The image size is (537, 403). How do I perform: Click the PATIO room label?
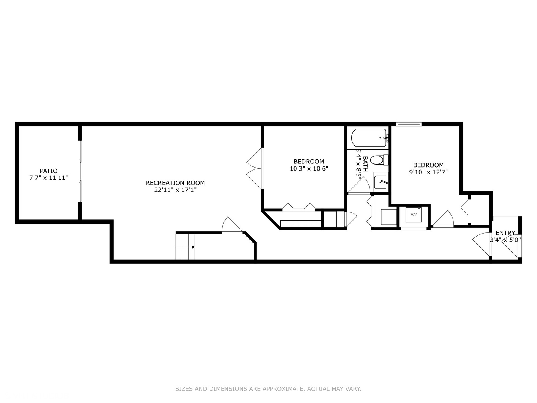[48, 171]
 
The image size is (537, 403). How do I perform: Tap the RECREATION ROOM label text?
[175, 183]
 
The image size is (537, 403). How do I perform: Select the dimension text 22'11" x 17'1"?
[175, 190]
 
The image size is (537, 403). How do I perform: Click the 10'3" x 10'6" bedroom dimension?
[308, 169]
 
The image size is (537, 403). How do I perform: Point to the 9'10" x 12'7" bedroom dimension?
[428, 172]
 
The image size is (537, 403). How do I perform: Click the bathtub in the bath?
[369, 138]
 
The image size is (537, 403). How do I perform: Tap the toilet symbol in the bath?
[377, 160]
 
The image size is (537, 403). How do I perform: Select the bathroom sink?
[380, 182]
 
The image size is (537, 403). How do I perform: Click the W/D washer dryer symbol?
[414, 214]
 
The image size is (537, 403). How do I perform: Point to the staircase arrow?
[193, 247]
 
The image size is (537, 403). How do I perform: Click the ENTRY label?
[505, 233]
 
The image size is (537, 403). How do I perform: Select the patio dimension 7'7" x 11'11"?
[48, 178]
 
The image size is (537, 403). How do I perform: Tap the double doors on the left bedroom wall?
[255, 168]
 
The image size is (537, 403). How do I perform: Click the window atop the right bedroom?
[409, 124]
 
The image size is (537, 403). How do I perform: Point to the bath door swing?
[359, 186]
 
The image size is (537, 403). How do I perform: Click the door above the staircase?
[232, 226]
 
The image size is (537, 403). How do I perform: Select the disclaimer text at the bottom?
[268, 389]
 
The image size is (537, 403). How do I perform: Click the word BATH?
[365, 163]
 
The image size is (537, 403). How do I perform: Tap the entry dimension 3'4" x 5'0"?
[505, 240]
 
